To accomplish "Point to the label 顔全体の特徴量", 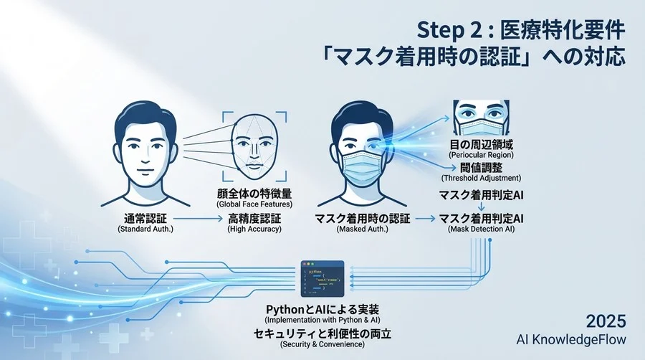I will coord(254,194).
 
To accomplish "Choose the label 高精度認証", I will coord(254,217).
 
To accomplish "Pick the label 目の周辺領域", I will coord(481,144).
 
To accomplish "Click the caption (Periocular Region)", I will coord(481,155).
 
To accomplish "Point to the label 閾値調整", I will coord(481,166).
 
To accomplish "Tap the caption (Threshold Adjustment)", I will coord(481,177).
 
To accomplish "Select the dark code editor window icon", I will coord(325,280).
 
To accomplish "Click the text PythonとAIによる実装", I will coord(324,308).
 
